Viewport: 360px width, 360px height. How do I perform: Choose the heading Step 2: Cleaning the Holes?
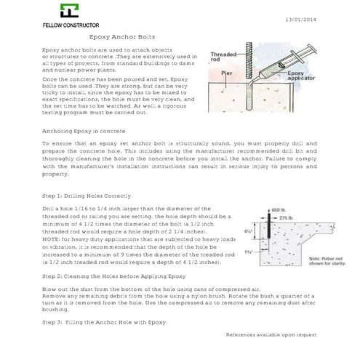(104, 277)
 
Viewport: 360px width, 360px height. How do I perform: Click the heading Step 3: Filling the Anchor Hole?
(104, 321)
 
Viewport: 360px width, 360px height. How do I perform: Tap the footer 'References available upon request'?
(271, 335)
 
